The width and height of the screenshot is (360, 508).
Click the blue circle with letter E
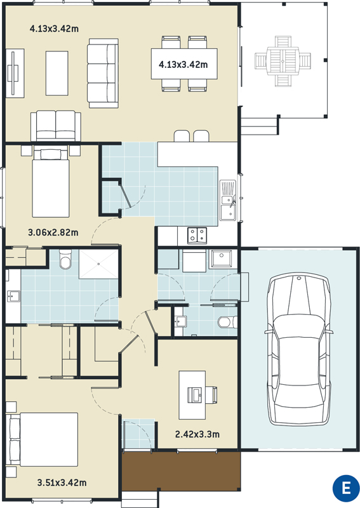pos(346,488)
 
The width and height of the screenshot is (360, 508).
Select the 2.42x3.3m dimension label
pos(197,434)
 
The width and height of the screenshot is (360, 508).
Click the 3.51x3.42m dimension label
pos(62,483)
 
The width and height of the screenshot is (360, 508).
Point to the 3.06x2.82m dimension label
pos(53,232)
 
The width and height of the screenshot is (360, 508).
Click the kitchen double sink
pos(228,200)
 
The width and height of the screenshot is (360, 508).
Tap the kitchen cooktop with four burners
pos(197,236)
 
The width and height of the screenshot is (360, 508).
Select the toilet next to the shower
pos(65,259)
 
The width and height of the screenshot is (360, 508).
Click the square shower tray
pos(98,264)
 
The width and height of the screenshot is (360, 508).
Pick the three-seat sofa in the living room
pos(103,73)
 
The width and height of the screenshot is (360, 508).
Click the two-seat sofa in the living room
pos(56,126)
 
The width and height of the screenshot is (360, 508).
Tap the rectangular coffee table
pos(57,73)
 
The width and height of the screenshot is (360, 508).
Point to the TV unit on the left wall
pos(15,73)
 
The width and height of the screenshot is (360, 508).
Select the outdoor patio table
pos(283,61)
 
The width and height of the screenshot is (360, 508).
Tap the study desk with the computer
pos(192,395)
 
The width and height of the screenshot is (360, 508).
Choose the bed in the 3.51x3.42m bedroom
pos(44,439)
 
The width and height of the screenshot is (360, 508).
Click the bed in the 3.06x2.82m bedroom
pos(51,183)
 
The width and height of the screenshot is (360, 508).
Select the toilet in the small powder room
pos(224,323)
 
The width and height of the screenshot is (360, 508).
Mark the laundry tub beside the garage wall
pos(222,258)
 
